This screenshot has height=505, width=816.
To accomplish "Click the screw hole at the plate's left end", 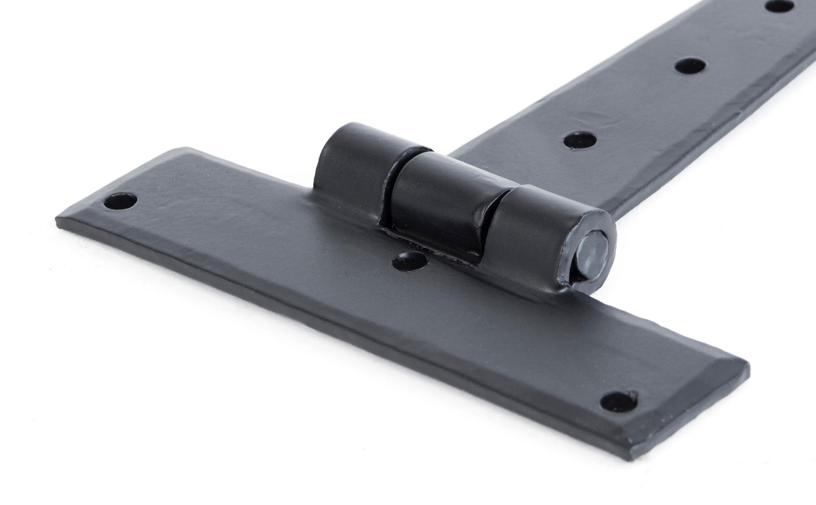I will click(120, 201).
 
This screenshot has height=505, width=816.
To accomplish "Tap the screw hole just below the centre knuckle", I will click(409, 260).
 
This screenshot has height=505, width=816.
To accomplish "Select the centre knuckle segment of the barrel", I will click(437, 192).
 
